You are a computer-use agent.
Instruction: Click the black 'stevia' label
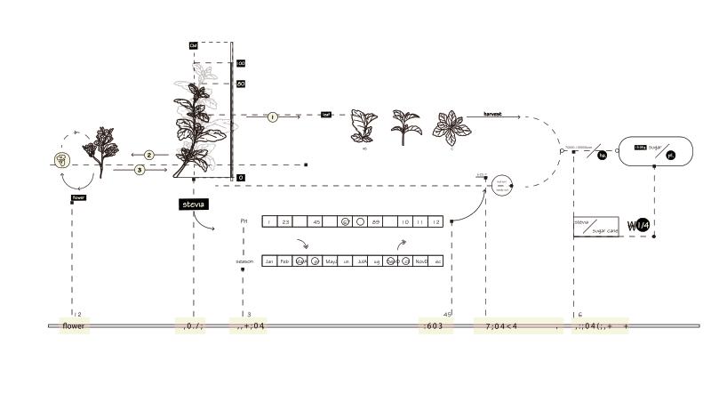193,205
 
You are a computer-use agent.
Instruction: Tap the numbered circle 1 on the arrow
272,116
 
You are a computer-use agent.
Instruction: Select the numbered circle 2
149,155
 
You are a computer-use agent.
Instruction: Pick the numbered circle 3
140,169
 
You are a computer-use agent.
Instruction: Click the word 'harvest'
492,115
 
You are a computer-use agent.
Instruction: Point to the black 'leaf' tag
326,115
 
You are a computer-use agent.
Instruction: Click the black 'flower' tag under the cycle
77,198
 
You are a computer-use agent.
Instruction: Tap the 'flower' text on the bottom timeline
74,326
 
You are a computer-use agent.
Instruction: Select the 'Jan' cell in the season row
269,261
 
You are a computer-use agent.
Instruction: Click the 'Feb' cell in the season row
284,261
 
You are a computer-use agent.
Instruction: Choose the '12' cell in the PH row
435,221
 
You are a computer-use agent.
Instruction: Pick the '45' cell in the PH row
316,221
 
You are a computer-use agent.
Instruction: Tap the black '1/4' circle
642,226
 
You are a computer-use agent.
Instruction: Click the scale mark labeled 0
240,178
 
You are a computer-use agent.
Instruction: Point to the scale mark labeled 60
240,84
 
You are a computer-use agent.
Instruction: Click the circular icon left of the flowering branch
60,160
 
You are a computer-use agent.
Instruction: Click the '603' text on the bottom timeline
435,326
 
